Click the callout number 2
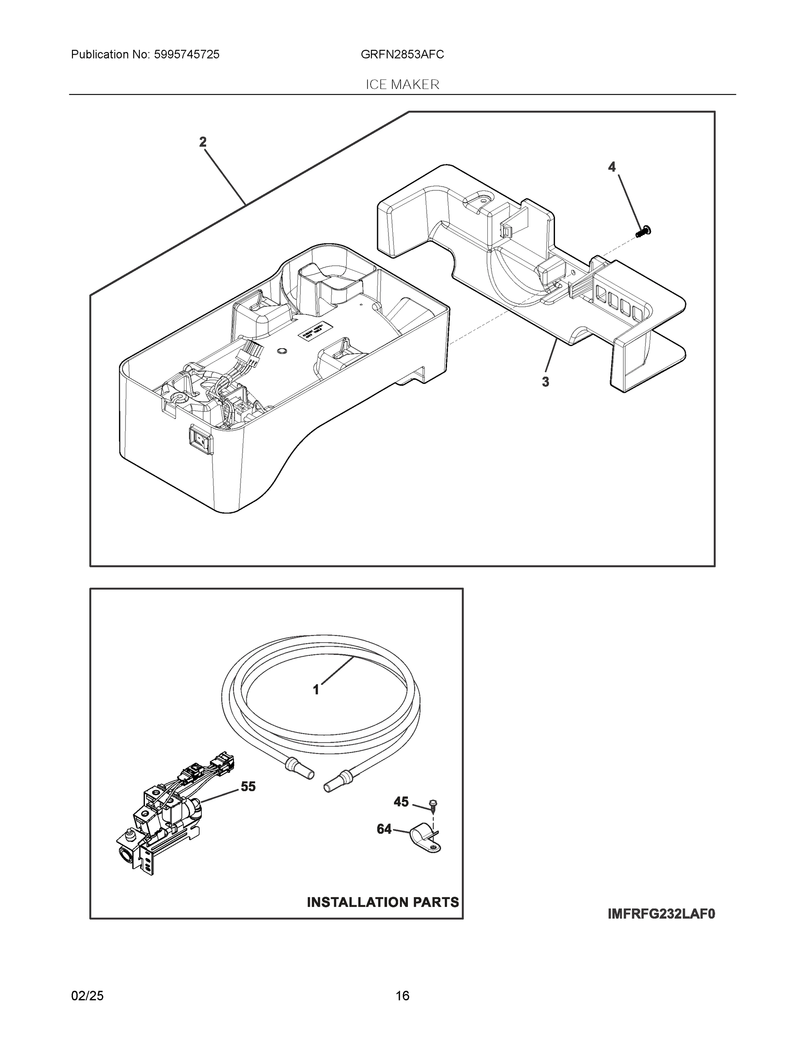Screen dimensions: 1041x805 (x=203, y=141)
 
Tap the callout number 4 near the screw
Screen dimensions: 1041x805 (x=611, y=167)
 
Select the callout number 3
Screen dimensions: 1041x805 (x=545, y=382)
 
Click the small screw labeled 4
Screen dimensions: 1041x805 (x=644, y=232)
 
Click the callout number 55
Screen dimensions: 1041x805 (x=248, y=786)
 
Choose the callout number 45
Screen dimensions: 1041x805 (x=401, y=802)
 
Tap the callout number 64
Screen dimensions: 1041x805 (x=384, y=829)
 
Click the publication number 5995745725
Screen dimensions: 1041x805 (x=187, y=55)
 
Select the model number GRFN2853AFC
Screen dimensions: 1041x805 (x=402, y=55)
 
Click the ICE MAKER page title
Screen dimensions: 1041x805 (x=402, y=85)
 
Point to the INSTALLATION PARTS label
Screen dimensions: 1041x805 (x=382, y=902)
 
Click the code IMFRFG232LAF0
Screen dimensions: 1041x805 (x=661, y=914)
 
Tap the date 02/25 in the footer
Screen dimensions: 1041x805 (x=87, y=996)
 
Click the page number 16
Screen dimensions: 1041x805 (x=402, y=996)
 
